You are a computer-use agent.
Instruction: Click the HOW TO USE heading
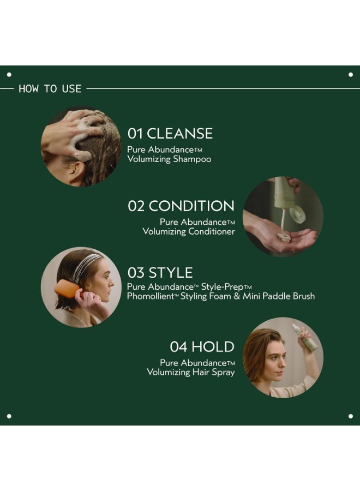click(x=50, y=88)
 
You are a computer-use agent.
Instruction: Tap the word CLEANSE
click(x=179, y=134)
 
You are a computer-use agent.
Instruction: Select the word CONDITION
click(x=191, y=206)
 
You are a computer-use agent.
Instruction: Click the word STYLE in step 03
click(x=171, y=273)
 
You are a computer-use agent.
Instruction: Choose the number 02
click(x=136, y=206)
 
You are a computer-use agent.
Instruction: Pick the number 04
click(x=179, y=346)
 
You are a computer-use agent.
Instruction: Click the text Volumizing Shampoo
click(x=169, y=159)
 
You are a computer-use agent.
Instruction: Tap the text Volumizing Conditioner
click(x=189, y=231)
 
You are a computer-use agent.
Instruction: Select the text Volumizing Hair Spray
click(x=191, y=372)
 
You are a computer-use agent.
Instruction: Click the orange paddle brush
click(x=67, y=288)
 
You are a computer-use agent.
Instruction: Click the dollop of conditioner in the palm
click(x=284, y=237)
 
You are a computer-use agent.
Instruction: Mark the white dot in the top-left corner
click(x=9, y=74)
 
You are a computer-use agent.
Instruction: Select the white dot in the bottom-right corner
click(x=350, y=416)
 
